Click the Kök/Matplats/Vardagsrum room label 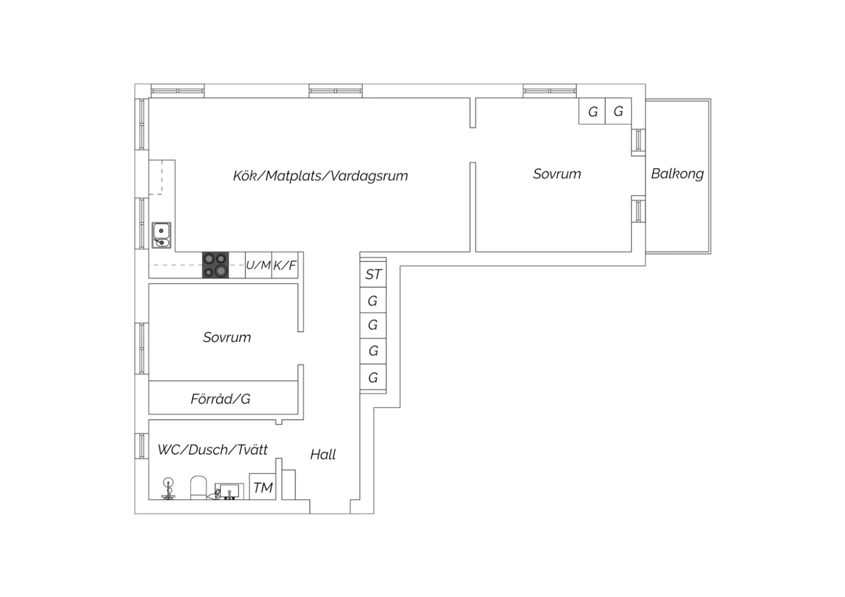click(x=321, y=176)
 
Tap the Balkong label click(x=678, y=174)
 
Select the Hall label click(x=323, y=455)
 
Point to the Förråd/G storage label click(x=220, y=399)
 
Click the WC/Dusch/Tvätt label click(x=213, y=449)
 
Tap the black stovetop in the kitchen click(x=215, y=265)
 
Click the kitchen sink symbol click(x=162, y=235)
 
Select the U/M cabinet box click(x=259, y=265)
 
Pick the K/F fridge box click(x=285, y=265)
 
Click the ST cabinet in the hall click(x=373, y=274)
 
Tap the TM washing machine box click(x=263, y=487)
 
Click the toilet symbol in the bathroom click(x=198, y=488)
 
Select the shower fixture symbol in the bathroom click(x=168, y=489)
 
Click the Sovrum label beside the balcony click(x=557, y=174)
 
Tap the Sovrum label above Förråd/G click(x=226, y=337)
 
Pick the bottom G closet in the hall click(x=373, y=377)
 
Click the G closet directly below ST click(x=373, y=300)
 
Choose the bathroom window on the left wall click(x=142, y=446)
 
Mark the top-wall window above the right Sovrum click(x=550, y=91)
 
